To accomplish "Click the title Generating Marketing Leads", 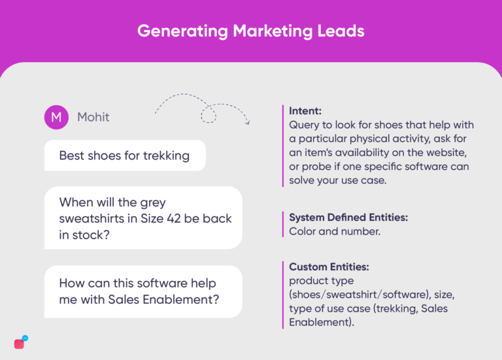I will tap(250, 31).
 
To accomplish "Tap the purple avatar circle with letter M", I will tap(56, 117).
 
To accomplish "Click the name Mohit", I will tap(93, 117).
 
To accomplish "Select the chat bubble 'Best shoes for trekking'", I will tap(124, 155).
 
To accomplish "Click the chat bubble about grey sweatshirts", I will tap(142, 218).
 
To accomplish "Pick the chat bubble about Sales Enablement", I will tap(142, 291).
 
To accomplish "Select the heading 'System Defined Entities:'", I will tap(352, 217).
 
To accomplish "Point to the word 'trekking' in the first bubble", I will tap(166, 155).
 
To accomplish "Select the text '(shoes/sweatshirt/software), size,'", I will tap(373, 294).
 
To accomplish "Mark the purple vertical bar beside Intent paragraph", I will tap(283, 146).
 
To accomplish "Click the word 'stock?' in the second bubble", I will tap(93, 234).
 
